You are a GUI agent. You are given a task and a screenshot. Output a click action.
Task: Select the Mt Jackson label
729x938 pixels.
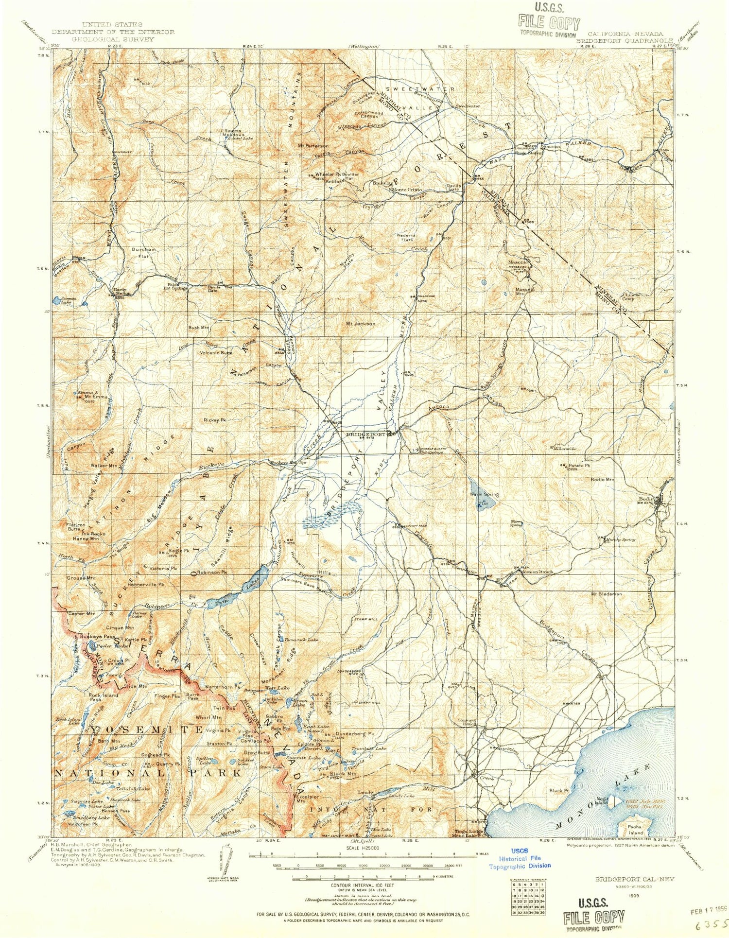click(x=360, y=323)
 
